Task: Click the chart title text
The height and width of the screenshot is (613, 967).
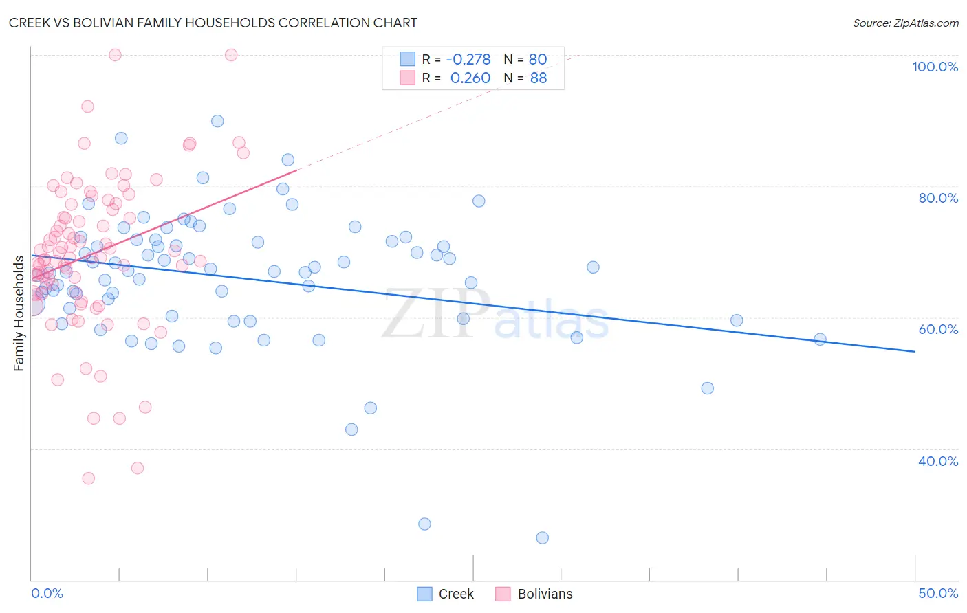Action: click(x=213, y=23)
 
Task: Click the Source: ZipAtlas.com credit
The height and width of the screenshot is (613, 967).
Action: click(x=905, y=23)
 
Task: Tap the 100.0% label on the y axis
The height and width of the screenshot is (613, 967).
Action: click(x=935, y=67)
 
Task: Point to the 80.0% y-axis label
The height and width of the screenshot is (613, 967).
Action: click(x=938, y=198)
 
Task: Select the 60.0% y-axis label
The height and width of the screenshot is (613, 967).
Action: click(x=938, y=329)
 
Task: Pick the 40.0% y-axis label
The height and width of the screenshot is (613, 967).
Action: click(x=938, y=461)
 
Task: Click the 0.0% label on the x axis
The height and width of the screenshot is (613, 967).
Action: click(x=47, y=593)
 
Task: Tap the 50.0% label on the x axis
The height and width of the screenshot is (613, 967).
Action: click(x=938, y=593)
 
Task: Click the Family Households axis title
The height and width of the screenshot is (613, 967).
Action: click(x=19, y=313)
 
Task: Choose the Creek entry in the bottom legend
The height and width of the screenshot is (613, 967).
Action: click(x=456, y=594)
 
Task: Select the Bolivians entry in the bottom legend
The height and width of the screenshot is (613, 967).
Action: click(x=545, y=594)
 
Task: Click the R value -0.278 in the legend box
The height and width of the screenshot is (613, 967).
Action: click(x=468, y=60)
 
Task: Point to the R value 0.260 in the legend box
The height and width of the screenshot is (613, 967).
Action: click(x=470, y=78)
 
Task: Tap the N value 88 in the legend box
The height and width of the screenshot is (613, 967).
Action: click(x=539, y=78)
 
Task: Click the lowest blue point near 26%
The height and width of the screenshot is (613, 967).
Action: click(x=542, y=537)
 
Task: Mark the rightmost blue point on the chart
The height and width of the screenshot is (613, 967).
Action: click(x=820, y=339)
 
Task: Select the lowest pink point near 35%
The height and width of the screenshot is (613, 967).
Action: click(x=88, y=478)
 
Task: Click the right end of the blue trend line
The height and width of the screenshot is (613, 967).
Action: click(x=915, y=351)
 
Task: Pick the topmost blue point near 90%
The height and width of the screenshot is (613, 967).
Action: click(x=217, y=121)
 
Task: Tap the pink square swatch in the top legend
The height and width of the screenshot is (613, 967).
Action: click(x=408, y=78)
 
